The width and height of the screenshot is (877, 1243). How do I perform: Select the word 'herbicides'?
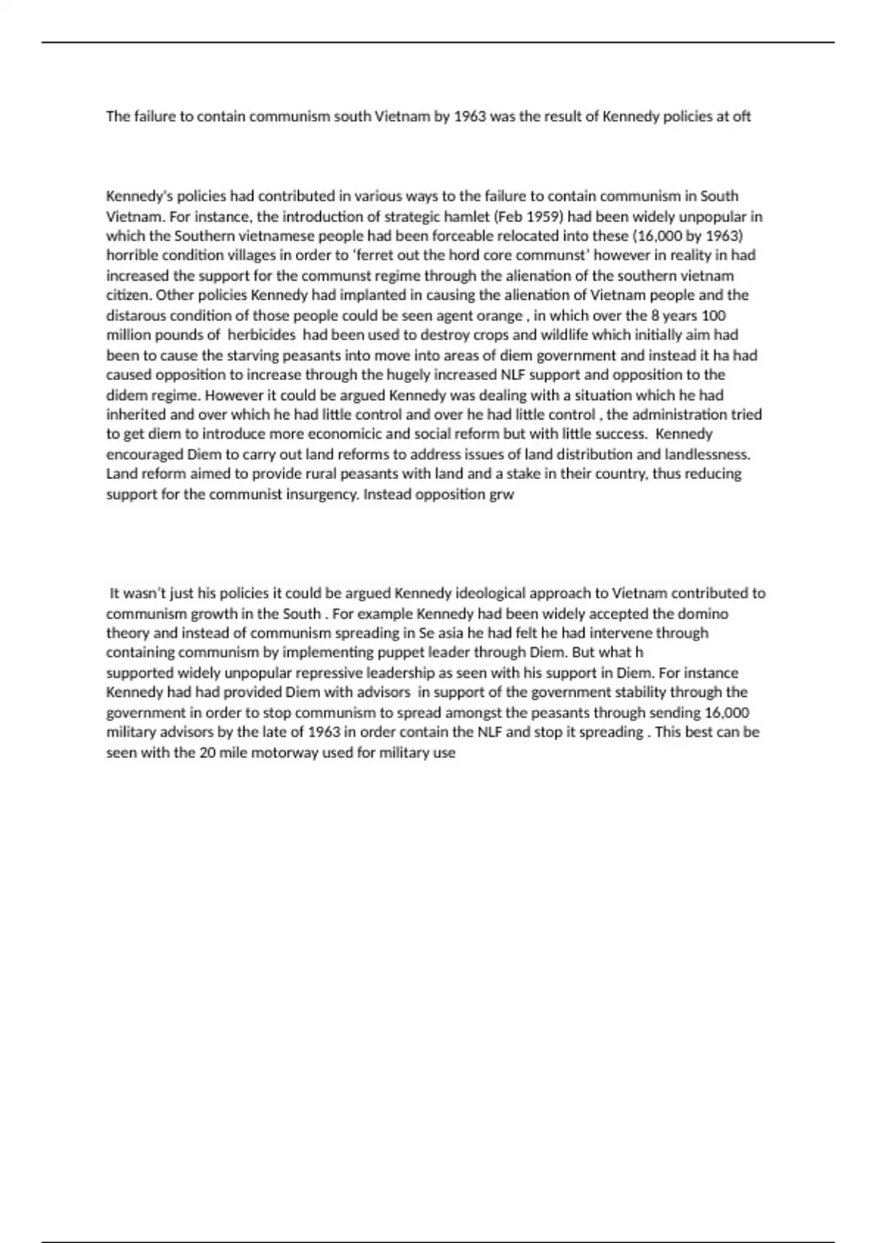pyautogui.click(x=262, y=335)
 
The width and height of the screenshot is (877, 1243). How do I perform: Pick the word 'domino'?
pyautogui.click(x=703, y=613)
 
